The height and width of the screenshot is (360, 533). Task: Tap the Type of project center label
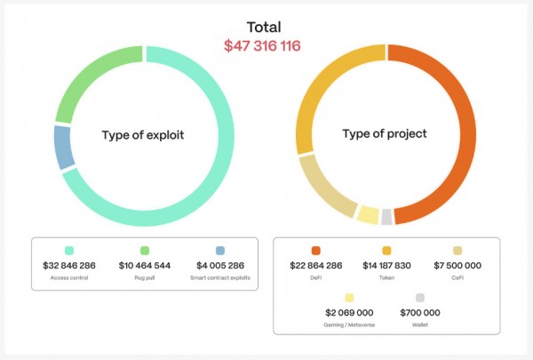(x=385, y=134)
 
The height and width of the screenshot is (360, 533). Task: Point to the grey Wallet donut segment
(x=386, y=216)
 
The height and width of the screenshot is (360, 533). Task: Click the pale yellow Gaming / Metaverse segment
(x=368, y=213)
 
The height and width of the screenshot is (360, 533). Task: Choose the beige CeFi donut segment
(x=324, y=188)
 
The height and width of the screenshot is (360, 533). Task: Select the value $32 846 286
(x=68, y=265)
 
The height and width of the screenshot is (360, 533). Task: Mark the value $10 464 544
(x=144, y=265)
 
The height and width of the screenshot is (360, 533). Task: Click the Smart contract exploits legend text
(x=219, y=278)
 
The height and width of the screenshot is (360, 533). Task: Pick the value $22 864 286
(x=315, y=265)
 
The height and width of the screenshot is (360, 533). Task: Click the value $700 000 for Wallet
(x=420, y=313)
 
